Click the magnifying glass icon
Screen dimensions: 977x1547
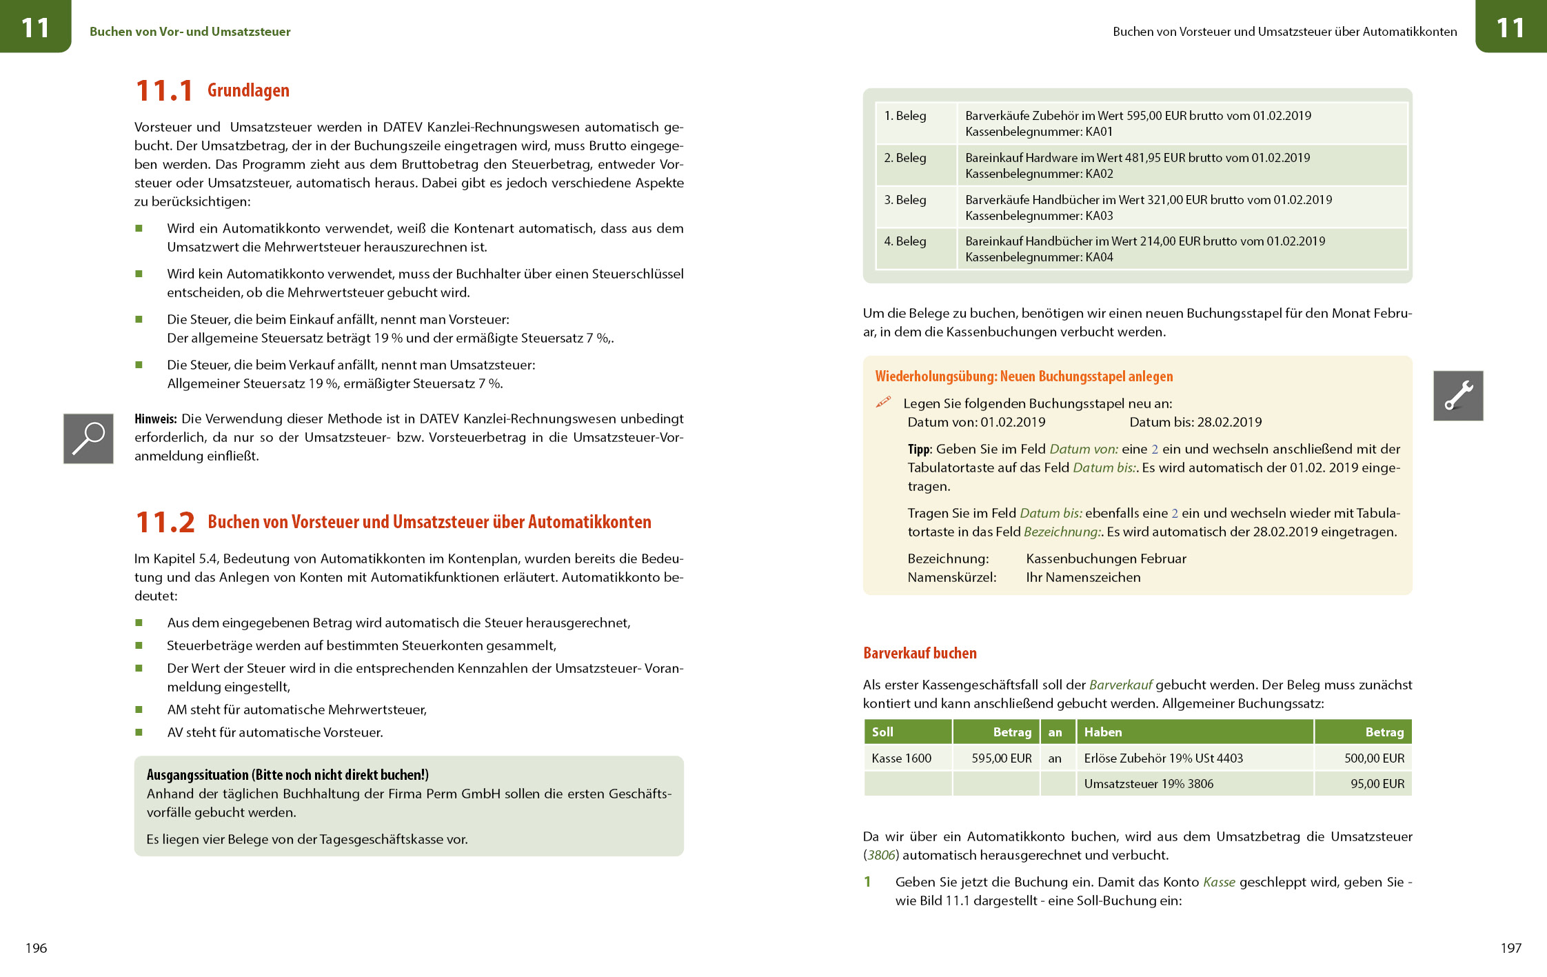(88, 439)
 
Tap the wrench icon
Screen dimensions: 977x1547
(1458, 396)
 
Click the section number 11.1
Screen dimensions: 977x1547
(164, 91)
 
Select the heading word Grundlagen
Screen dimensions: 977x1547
(248, 90)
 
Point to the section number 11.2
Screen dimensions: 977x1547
(165, 522)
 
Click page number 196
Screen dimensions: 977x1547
(36, 948)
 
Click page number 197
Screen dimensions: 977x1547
(1510, 948)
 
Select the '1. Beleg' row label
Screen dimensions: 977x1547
(905, 116)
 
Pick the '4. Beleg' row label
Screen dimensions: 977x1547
(905, 241)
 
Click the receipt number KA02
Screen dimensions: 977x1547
(1099, 174)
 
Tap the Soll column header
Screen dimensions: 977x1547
(882, 732)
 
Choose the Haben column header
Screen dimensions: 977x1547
(1103, 732)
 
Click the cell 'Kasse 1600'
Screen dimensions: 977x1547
(902, 758)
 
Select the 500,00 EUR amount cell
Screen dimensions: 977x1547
(1374, 758)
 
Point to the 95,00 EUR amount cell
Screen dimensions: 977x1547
(1377, 784)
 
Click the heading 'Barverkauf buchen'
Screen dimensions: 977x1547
(920, 653)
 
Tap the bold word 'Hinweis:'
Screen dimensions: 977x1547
(156, 419)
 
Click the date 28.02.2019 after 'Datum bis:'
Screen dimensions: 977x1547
(1230, 422)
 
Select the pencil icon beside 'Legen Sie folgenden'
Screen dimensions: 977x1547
(883, 402)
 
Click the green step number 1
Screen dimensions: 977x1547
(867, 882)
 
